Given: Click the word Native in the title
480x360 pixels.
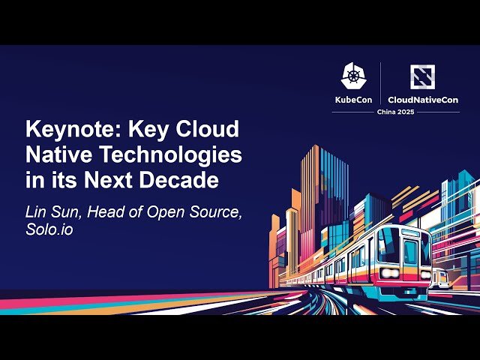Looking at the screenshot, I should pyautogui.click(x=55, y=156).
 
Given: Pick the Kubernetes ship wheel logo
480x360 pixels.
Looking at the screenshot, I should pyautogui.click(x=354, y=76).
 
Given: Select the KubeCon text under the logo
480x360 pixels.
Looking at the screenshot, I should pyautogui.click(x=354, y=99).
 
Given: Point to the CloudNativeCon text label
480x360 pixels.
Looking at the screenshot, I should pyautogui.click(x=423, y=99).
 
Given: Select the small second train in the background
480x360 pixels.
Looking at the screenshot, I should pyautogui.click(x=442, y=279).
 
